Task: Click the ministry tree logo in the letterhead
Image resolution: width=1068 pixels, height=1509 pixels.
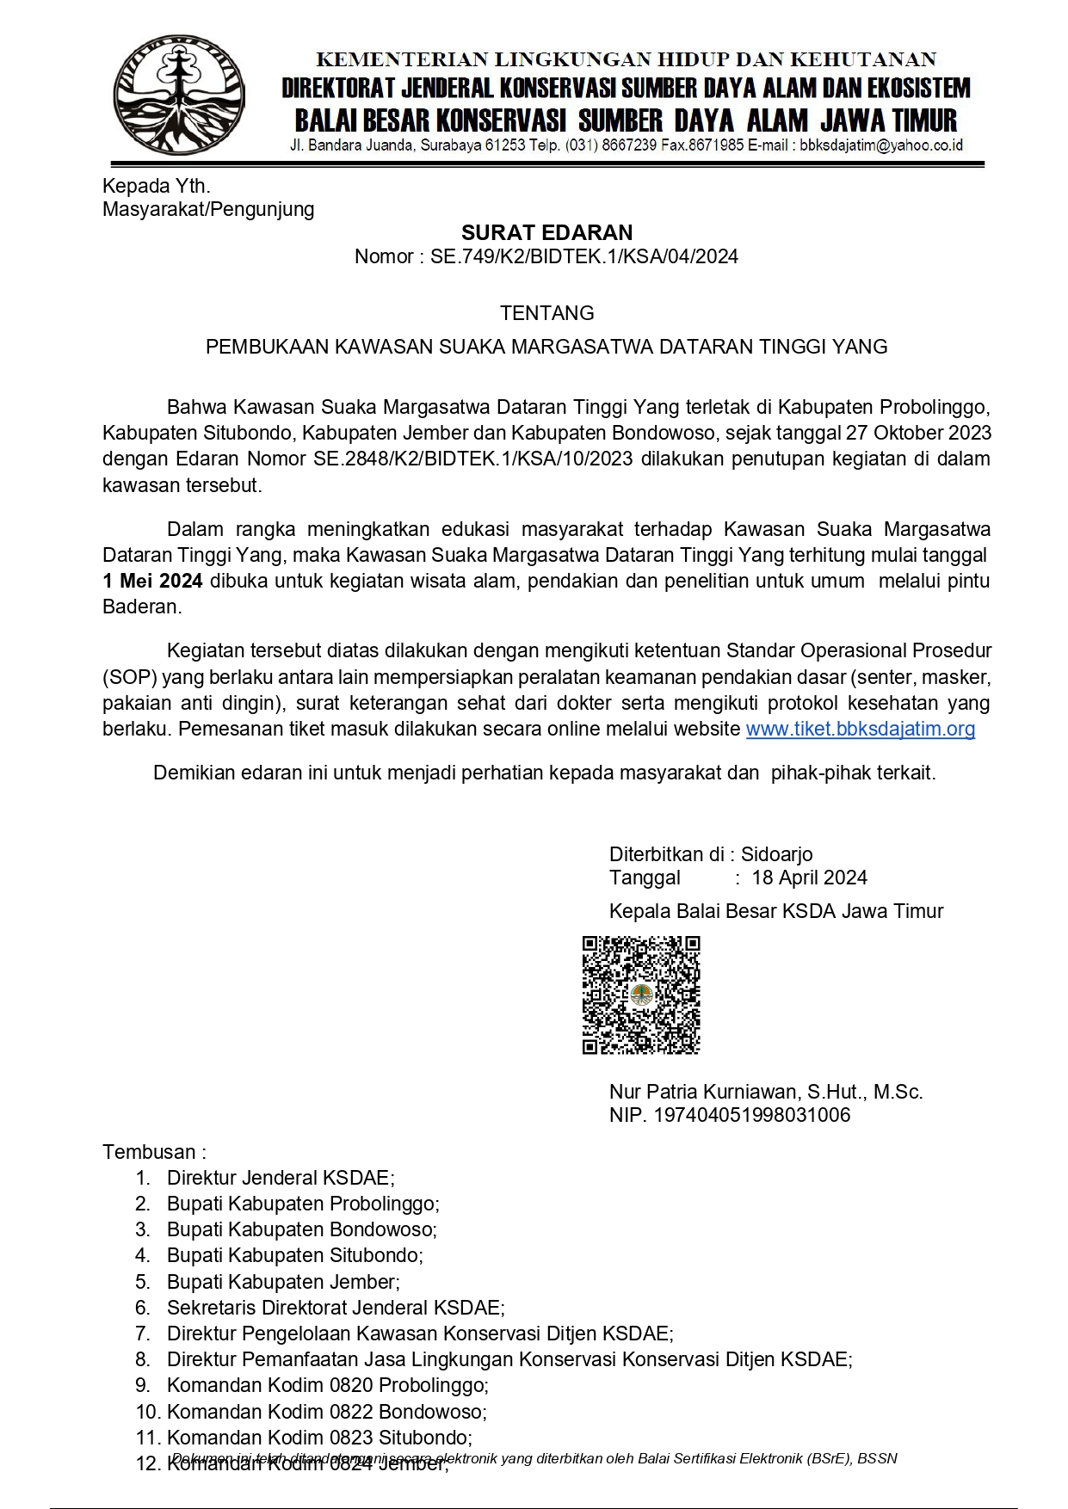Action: (x=179, y=95)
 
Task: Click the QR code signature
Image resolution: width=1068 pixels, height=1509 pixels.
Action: (x=641, y=995)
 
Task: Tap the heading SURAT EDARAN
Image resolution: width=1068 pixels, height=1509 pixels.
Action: (x=546, y=232)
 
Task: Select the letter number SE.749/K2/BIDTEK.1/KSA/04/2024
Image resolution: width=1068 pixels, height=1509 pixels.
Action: (x=583, y=256)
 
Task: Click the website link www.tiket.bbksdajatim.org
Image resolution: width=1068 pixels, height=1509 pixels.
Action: (x=860, y=730)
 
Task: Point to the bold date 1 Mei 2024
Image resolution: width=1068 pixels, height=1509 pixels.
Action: (x=152, y=581)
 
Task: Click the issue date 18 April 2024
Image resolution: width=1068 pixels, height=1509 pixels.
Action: (x=809, y=878)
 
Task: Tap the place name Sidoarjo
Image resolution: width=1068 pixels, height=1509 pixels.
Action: (x=776, y=854)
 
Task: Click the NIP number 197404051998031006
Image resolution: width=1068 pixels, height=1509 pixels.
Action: (x=751, y=1115)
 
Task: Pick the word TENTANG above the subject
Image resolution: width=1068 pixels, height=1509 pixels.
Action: (x=546, y=313)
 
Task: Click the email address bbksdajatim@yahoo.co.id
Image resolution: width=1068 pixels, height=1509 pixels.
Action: (x=880, y=145)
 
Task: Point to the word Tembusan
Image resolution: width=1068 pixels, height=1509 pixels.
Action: (x=150, y=1152)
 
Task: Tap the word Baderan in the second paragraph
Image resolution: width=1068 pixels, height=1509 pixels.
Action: (x=140, y=607)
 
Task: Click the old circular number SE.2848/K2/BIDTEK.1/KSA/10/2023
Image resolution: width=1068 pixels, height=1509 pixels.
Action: (x=472, y=459)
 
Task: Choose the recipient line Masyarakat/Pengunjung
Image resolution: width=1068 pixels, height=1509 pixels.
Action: (x=208, y=209)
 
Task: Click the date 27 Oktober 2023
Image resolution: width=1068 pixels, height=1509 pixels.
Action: (x=918, y=433)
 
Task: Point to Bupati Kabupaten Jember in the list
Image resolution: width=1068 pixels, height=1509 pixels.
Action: (x=283, y=1282)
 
